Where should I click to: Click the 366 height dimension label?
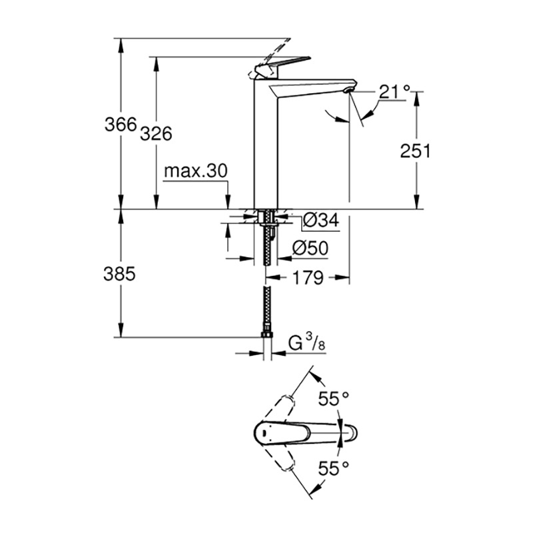click(121, 125)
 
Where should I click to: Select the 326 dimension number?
click(156, 134)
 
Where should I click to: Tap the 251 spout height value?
click(415, 151)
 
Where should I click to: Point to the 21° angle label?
click(394, 91)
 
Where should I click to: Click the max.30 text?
click(195, 171)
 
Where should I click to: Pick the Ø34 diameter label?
click(321, 221)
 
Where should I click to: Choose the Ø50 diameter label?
click(310, 248)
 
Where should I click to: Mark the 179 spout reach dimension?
click(308, 278)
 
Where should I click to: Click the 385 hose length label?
click(119, 274)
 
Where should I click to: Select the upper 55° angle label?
click(334, 398)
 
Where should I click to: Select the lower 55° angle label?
click(334, 469)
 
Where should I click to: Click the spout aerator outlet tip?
click(348, 90)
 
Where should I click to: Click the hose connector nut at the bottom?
click(267, 334)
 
